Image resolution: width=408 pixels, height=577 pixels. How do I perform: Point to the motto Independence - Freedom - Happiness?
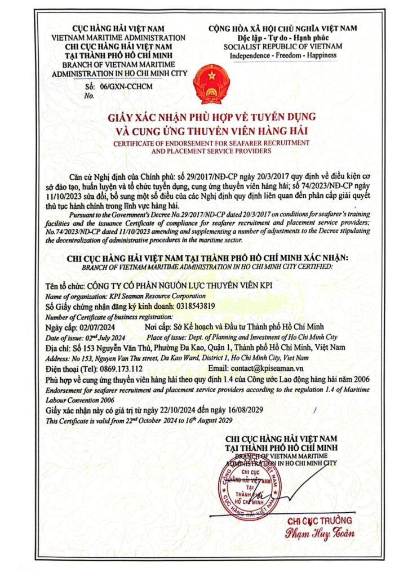coord(283,55)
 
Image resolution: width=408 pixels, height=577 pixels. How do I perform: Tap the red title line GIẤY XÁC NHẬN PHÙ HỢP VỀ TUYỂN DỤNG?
coord(209,117)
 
